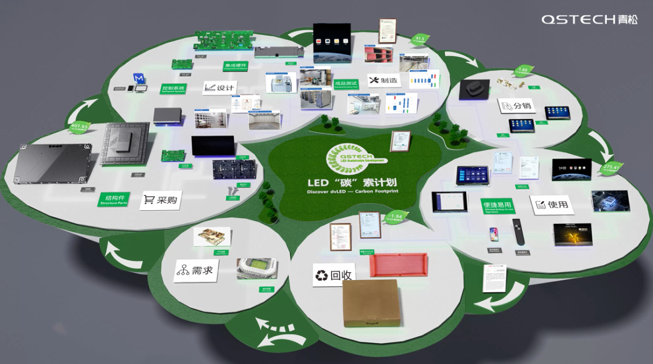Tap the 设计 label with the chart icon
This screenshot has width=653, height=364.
[x=219, y=88]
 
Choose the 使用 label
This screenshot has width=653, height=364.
[x=550, y=205]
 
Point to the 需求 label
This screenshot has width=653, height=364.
[x=195, y=270]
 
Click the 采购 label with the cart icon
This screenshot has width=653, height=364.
[x=161, y=199]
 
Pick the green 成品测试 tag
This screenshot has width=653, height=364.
[x=346, y=83]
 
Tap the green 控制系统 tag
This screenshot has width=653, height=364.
[x=173, y=89]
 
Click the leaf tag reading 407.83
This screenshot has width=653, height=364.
[x=79, y=127]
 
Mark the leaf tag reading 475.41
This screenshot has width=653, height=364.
[x=612, y=168]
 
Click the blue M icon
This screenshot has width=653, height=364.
[x=140, y=78]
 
